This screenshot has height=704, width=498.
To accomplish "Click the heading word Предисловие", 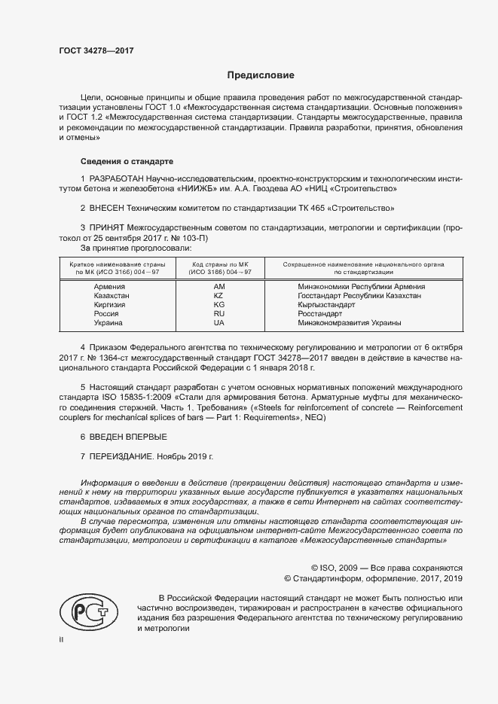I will (261, 75).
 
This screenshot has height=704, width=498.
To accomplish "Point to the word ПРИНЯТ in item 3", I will (107, 227).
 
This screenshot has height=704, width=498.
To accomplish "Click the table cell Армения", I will (110, 287).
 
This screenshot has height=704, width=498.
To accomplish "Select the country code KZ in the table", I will (219, 296).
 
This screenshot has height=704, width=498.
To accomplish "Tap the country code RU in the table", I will (219, 314).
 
